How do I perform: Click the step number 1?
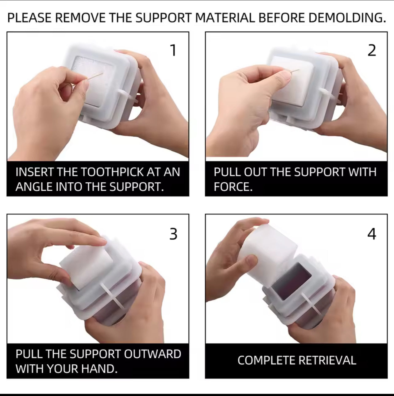[x=173, y=50]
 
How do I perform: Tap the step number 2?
[x=372, y=50]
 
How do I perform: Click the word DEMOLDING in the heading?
[x=347, y=18]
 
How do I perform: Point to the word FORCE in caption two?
[x=233, y=187]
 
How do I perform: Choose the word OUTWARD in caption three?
[x=153, y=354]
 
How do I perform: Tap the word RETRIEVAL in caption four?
[x=327, y=360]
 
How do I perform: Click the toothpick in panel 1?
[x=95, y=76]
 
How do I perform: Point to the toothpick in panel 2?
[x=295, y=71]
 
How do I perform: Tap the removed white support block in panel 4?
[x=268, y=253]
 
